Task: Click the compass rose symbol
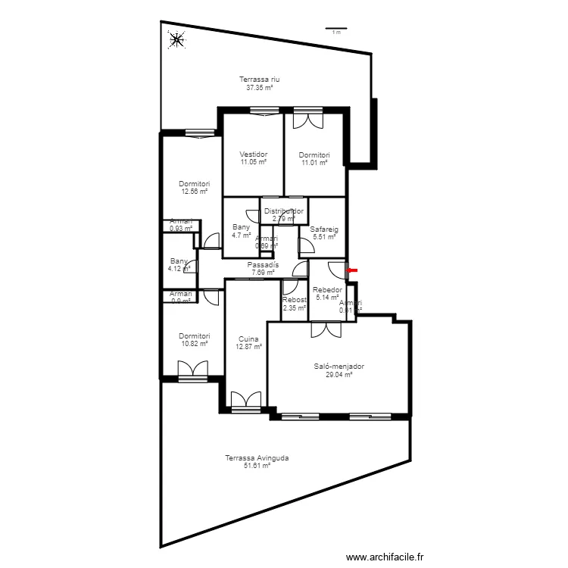click(x=176, y=39)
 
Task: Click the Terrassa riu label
click(x=260, y=80)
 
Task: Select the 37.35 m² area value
click(x=260, y=87)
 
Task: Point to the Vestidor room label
click(x=254, y=154)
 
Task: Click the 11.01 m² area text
click(x=314, y=162)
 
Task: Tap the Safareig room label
click(x=323, y=229)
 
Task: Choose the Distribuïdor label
click(x=284, y=211)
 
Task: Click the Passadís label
click(x=263, y=265)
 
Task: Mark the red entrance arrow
click(x=352, y=269)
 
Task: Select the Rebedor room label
click(x=328, y=290)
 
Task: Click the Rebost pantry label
click(x=294, y=301)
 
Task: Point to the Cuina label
click(x=248, y=339)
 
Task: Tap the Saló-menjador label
click(x=339, y=367)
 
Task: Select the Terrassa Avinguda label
click(x=257, y=458)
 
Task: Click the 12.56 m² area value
click(x=194, y=192)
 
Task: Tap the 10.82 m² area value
click(x=194, y=344)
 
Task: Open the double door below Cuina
click(x=246, y=401)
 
